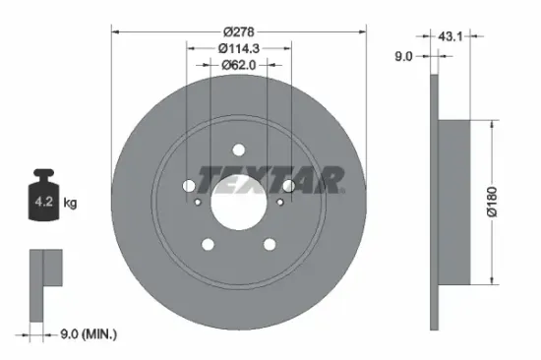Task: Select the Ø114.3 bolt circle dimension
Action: tap(239, 47)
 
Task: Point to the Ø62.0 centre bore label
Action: tap(238, 65)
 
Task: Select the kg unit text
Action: tap(71, 204)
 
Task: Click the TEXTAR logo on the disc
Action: tap(271, 180)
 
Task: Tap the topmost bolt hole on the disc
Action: tap(238, 150)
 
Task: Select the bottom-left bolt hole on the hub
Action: tap(208, 245)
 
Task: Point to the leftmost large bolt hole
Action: tap(189, 185)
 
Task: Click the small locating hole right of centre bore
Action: tap(278, 204)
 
